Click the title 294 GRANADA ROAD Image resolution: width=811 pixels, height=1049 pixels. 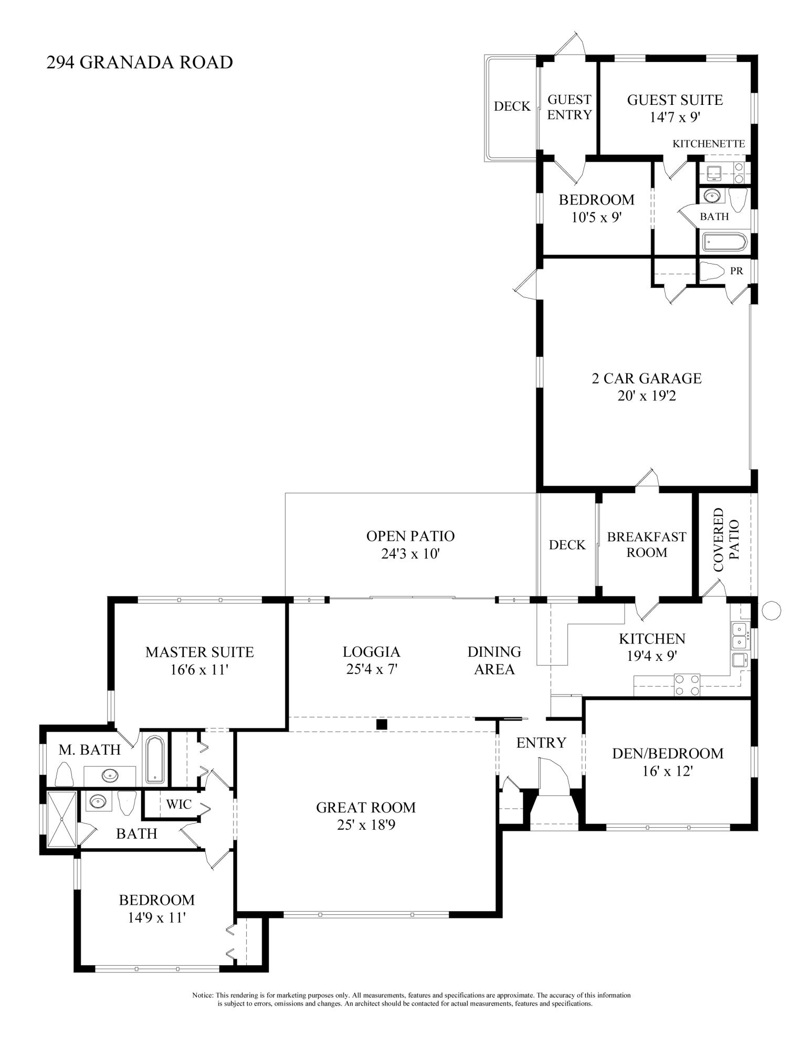(140, 62)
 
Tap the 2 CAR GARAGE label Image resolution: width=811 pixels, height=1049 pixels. (647, 378)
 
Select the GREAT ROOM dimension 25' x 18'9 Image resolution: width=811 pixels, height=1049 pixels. (366, 825)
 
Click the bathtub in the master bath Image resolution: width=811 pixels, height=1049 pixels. (155, 760)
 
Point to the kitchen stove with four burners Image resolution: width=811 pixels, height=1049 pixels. (687, 684)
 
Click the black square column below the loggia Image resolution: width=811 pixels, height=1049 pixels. (382, 724)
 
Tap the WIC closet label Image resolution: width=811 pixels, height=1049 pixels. (179, 804)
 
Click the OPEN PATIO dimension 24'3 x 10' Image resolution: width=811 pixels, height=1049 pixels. (410, 554)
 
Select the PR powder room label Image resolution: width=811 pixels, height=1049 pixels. (736, 271)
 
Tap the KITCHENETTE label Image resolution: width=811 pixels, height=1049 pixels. (709, 144)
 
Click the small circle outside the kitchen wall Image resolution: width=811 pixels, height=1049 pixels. (771, 610)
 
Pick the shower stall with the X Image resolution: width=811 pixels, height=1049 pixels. (62, 819)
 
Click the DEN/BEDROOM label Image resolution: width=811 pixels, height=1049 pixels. (668, 754)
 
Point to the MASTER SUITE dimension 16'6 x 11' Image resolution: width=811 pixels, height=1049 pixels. (199, 670)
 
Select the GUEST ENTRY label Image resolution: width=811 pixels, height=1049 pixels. (570, 107)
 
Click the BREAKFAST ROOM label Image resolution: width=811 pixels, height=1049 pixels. (647, 544)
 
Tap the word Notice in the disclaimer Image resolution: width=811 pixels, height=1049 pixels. (203, 995)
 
